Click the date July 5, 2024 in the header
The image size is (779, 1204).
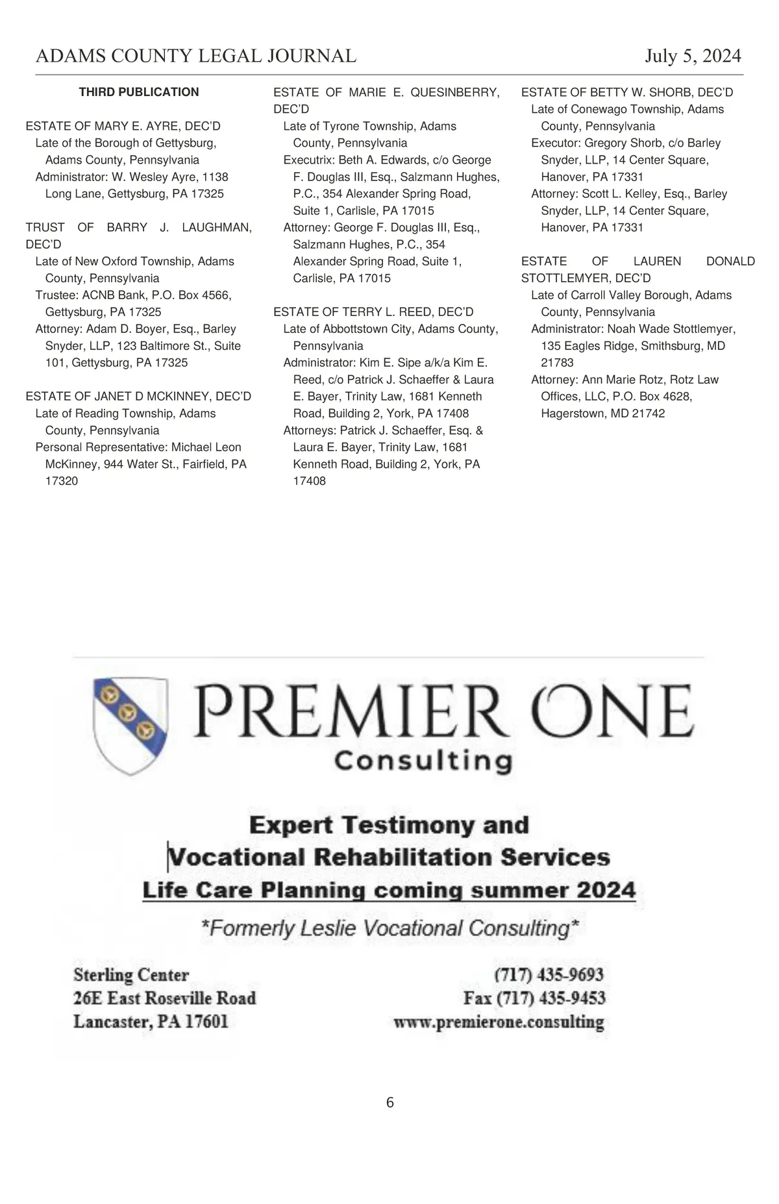(x=693, y=56)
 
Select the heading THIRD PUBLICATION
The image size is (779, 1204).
(x=139, y=92)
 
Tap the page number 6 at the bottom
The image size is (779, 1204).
(x=389, y=1102)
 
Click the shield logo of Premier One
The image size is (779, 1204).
(x=130, y=725)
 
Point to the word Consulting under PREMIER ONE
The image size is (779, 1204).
(x=423, y=760)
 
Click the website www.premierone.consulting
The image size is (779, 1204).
(x=499, y=1022)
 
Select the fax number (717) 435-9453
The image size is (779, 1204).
(x=534, y=998)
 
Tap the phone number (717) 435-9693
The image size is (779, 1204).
(x=549, y=974)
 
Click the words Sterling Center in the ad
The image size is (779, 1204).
(x=131, y=975)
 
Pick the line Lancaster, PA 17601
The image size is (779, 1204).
(x=151, y=1022)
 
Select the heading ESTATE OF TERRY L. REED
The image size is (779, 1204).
(x=373, y=312)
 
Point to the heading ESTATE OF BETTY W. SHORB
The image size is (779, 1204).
(x=626, y=92)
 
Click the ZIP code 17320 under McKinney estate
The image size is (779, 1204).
(x=62, y=481)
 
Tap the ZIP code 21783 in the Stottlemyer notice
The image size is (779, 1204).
(x=557, y=363)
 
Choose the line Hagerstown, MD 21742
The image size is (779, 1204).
(x=602, y=413)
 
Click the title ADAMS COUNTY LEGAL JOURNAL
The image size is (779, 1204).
(x=196, y=56)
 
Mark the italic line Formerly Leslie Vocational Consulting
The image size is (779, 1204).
(x=389, y=928)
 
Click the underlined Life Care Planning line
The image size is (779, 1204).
(x=389, y=890)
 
